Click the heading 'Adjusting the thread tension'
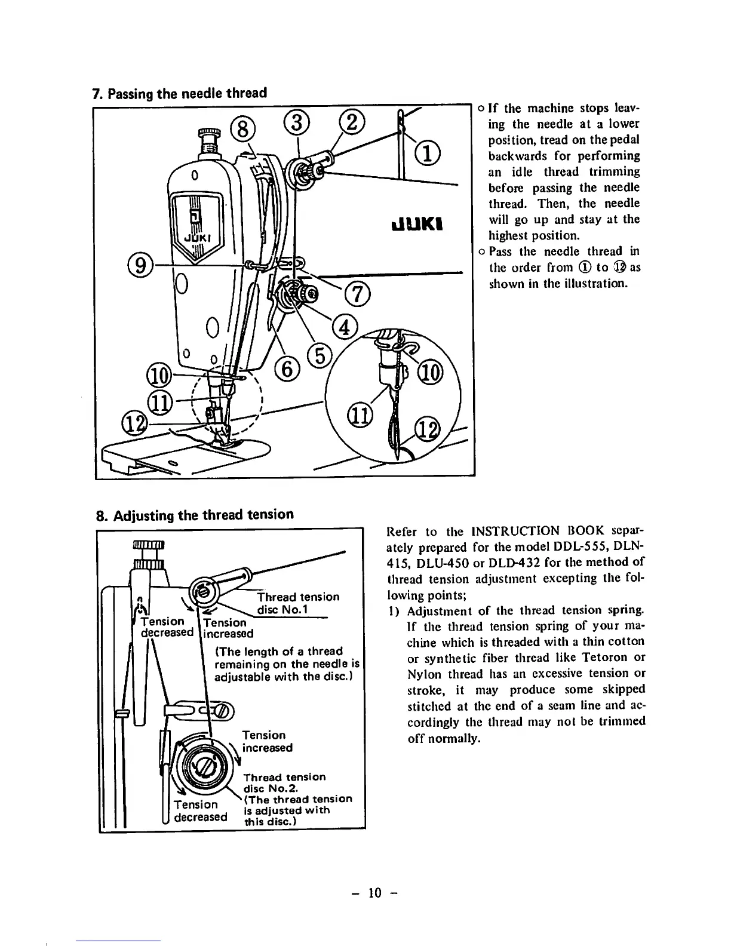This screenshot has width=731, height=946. coord(195,514)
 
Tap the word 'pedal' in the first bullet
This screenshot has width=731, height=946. coord(625,140)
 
